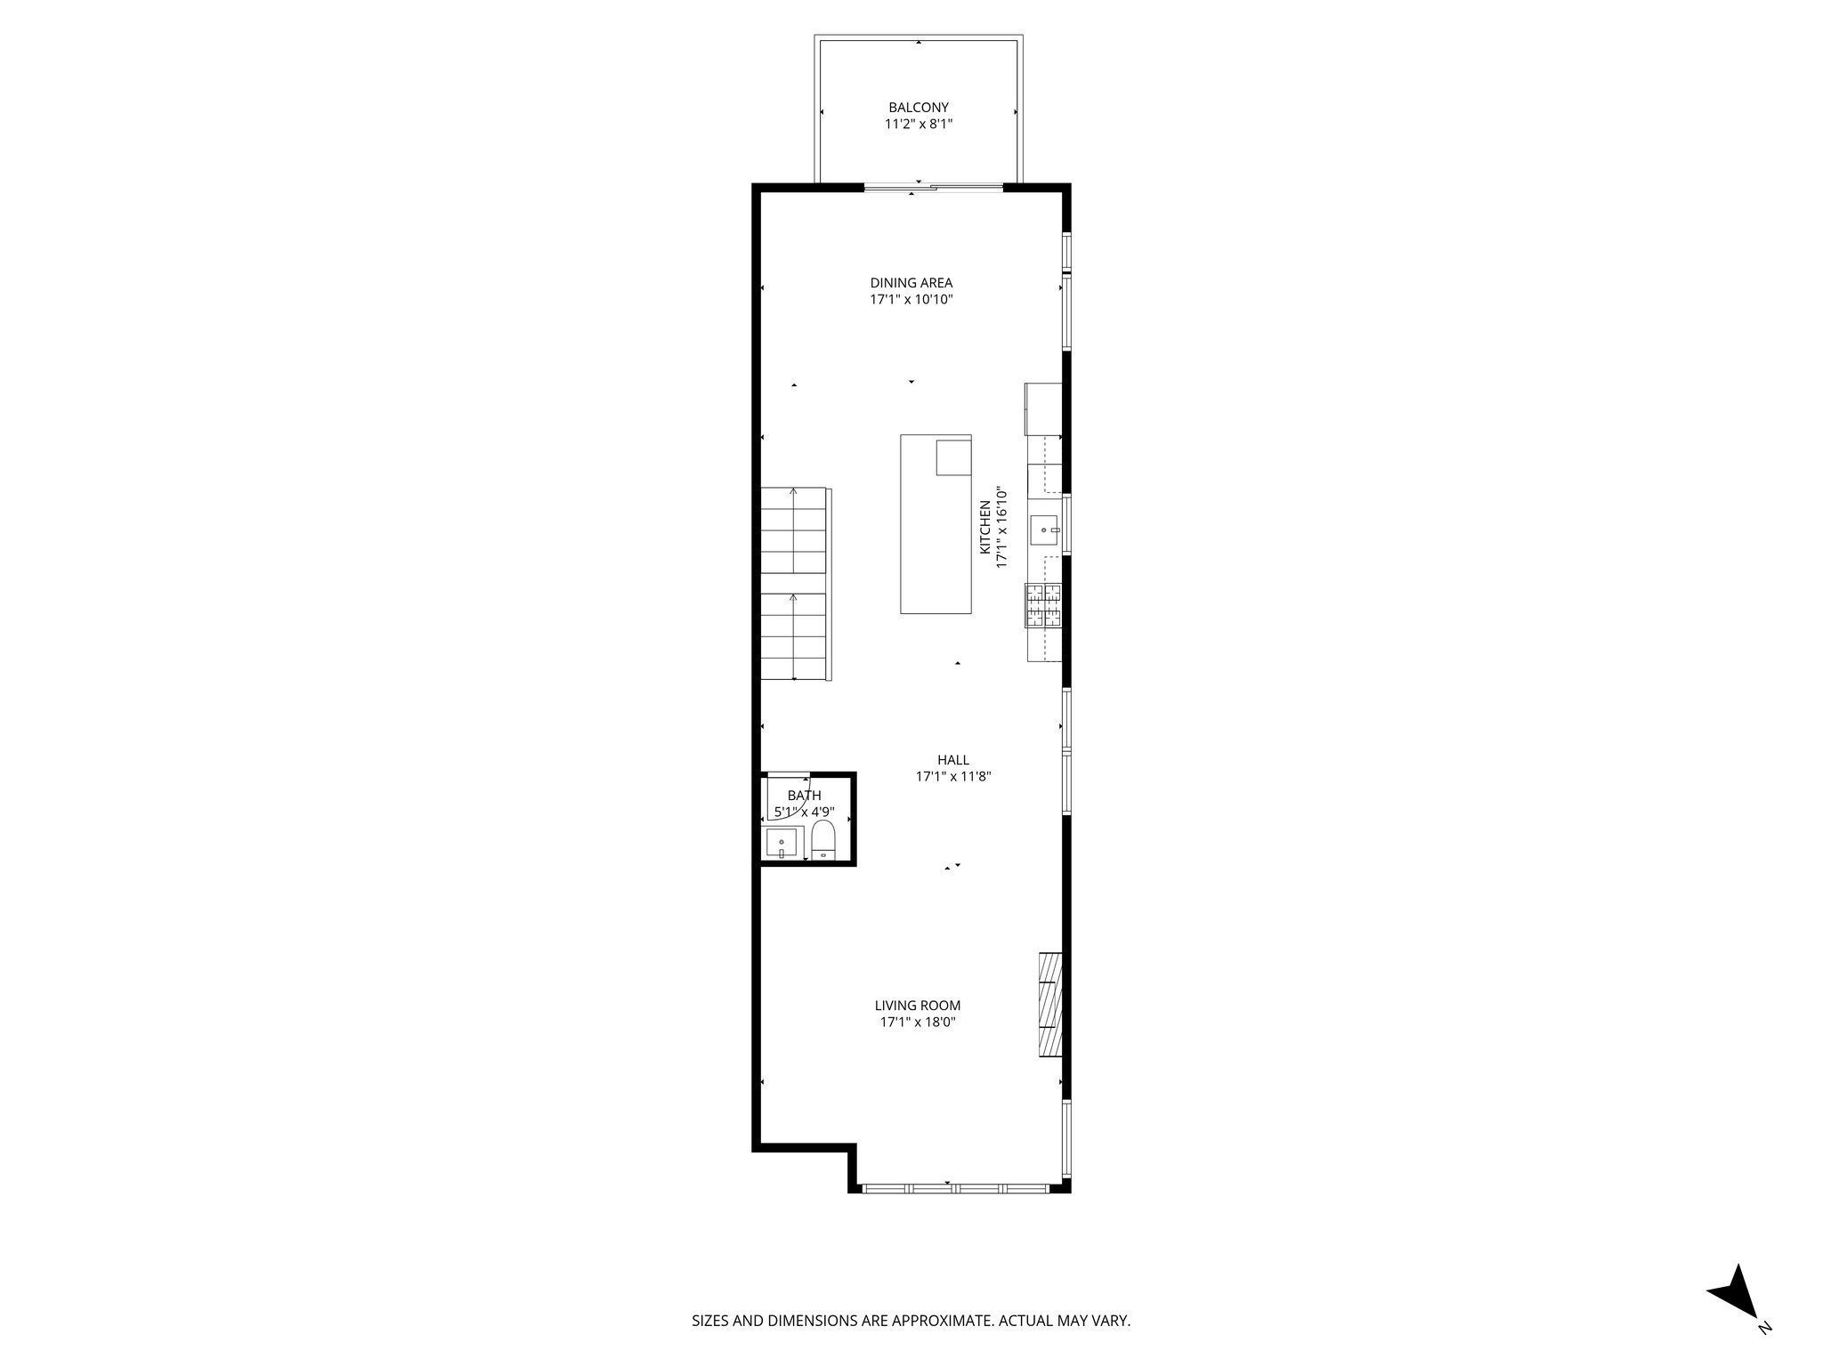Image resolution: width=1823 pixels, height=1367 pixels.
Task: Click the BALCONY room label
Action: click(918, 108)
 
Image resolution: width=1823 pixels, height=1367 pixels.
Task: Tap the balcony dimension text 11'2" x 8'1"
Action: click(918, 125)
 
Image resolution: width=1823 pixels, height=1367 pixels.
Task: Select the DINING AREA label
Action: click(911, 283)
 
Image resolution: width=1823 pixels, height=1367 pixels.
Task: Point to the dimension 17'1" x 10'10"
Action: click(911, 300)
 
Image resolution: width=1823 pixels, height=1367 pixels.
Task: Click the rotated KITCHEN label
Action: click(985, 527)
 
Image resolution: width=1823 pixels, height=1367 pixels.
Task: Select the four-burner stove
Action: click(1044, 605)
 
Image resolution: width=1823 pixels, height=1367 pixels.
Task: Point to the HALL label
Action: click(952, 760)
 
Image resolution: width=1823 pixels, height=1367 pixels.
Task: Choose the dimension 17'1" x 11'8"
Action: click(952, 777)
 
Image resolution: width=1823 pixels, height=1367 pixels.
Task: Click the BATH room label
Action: click(804, 796)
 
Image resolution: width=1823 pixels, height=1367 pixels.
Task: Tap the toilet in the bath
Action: click(822, 841)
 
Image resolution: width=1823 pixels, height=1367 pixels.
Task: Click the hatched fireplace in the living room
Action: click(1050, 1005)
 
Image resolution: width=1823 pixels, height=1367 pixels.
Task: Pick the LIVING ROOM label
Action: click(917, 1006)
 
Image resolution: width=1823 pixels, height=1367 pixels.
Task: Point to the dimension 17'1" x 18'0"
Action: click(917, 1023)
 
